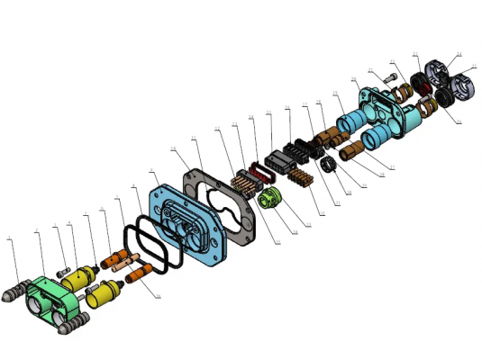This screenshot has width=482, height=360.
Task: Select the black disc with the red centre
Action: [420, 83]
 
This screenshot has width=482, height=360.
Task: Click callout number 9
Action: [135, 187]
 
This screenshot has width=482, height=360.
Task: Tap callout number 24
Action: [459, 54]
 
